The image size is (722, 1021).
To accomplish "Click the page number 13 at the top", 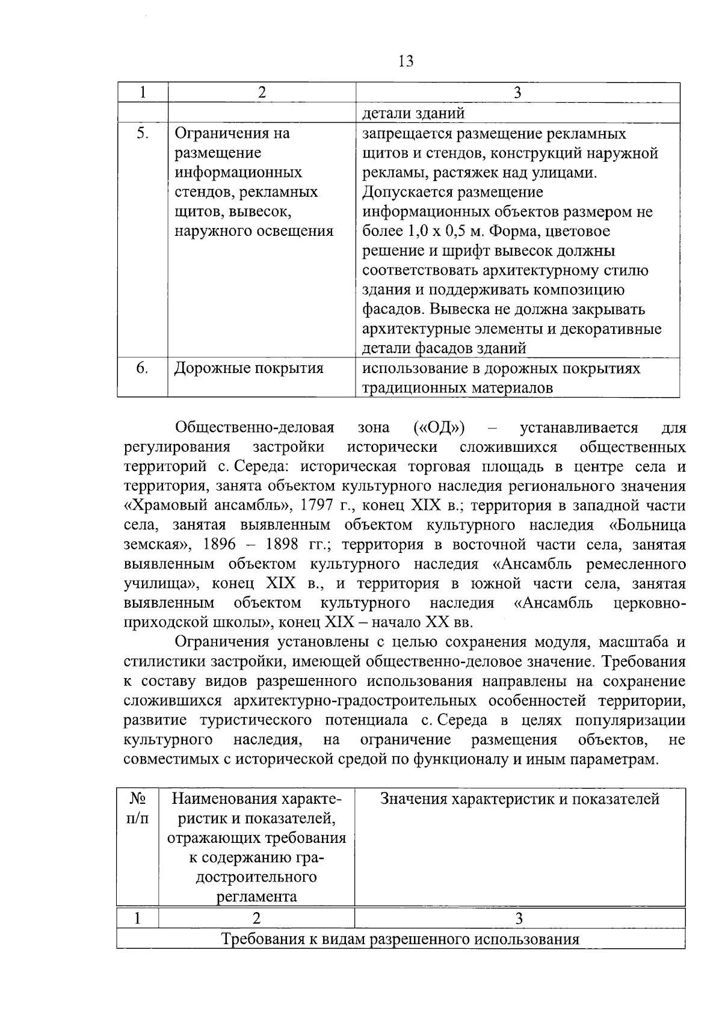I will click(x=406, y=61).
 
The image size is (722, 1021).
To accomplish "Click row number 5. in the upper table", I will click(x=142, y=133).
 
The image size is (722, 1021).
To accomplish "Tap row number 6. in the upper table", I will click(x=142, y=368).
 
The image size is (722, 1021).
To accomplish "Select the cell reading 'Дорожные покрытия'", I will click(x=248, y=368).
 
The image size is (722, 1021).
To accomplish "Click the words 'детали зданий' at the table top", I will click(x=413, y=113).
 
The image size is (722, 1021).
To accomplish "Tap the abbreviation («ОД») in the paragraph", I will click(x=439, y=428).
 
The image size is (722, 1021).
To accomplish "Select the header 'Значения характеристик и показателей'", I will click(x=520, y=799).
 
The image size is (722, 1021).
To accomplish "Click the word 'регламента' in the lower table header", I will click(x=257, y=896).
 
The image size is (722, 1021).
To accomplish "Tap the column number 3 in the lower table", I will click(x=519, y=919).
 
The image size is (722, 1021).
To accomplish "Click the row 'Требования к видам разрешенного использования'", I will click(x=401, y=939).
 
